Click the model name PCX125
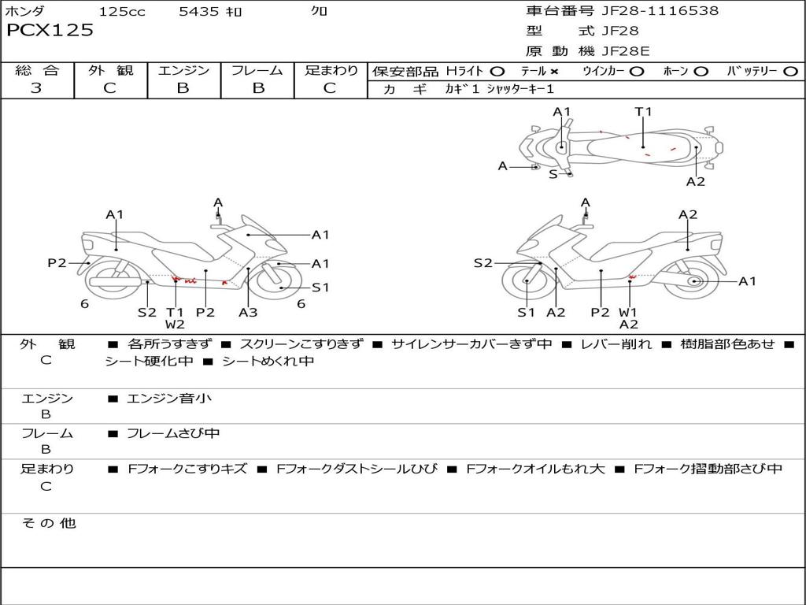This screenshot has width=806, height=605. pos(50,31)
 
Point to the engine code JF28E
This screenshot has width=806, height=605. pos(626,52)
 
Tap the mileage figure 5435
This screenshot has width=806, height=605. pos(200,12)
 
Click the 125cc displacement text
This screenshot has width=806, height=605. pos(122,12)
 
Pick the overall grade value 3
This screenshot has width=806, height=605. pos(36,88)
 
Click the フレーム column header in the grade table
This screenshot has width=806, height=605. pos(257,71)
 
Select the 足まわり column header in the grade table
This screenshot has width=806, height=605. pos(331,71)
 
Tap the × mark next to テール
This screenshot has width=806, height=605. pos(554,72)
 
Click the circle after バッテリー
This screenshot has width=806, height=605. pos(790,72)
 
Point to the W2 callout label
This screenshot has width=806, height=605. pos(175,325)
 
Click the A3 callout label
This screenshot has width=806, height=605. pos(248,312)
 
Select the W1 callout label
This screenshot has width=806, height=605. pos(628,312)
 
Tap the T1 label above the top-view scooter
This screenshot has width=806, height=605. pos(643,112)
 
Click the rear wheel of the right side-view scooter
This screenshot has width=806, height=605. pos(694,281)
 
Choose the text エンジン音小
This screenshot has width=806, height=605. pos(169,399)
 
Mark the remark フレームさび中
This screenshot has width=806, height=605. pos(173,433)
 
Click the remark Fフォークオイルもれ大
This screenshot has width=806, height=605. pos(535,469)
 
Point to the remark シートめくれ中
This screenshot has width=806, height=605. pos(268,362)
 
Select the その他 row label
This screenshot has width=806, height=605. pos(48,523)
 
